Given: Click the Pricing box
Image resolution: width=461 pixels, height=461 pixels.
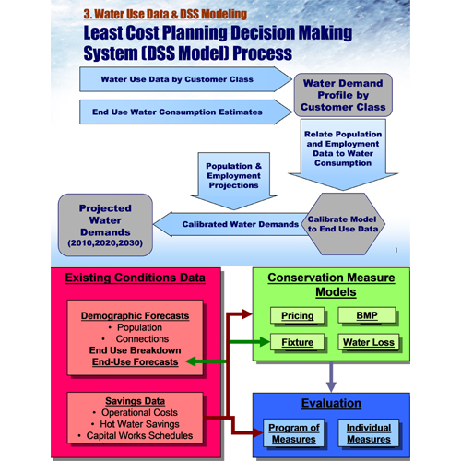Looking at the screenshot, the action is click(297, 315).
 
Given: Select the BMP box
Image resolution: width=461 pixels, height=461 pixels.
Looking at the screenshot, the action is click(367, 315).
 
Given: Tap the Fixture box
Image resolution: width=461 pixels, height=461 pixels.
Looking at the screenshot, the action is click(297, 342).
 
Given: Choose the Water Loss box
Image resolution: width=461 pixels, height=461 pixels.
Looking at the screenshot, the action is click(369, 342).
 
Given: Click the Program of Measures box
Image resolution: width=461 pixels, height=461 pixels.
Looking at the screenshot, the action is click(294, 433).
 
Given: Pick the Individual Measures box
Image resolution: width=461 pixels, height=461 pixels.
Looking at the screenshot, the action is click(369, 433).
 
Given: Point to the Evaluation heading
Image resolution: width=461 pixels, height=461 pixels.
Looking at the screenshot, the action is click(331, 403).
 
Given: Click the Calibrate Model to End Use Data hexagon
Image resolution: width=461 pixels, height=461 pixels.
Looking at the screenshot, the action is click(343, 224).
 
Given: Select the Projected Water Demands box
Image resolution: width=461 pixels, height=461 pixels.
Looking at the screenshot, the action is click(105, 225).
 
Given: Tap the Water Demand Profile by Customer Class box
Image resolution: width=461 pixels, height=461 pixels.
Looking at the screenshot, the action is click(343, 95).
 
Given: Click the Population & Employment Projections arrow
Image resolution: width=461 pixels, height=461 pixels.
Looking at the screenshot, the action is click(233, 181).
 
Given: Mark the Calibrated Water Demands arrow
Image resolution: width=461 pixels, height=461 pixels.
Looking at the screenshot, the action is click(230, 224).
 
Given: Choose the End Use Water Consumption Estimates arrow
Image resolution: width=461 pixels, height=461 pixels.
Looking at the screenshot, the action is click(185, 112).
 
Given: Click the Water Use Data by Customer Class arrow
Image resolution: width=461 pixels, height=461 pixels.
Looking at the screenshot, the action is click(185, 79).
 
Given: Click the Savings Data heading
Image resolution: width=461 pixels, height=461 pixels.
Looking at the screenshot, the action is click(135, 401).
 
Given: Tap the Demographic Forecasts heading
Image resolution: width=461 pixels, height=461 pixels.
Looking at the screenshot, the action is click(135, 315).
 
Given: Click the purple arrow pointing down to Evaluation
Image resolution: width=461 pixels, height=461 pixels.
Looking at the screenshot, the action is click(331, 377).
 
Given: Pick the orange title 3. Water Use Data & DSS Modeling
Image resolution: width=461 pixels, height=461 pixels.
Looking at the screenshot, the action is click(165, 14).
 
